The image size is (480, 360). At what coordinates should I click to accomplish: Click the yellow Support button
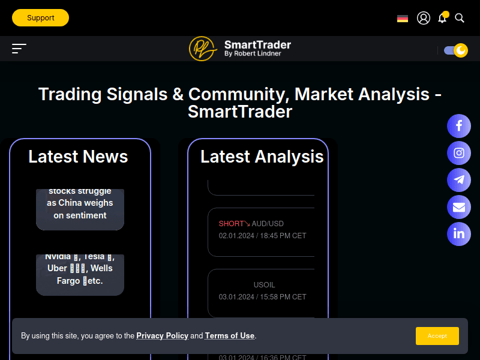click(x=40, y=18)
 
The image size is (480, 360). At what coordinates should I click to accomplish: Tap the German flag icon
click(x=403, y=19)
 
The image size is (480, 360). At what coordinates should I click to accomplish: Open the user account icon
click(x=424, y=18)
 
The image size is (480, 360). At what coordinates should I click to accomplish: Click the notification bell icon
click(x=442, y=18)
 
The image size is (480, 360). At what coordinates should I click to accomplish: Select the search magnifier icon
click(x=460, y=18)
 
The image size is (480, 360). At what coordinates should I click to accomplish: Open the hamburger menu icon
click(x=19, y=49)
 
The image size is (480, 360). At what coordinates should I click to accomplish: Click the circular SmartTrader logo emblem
click(x=203, y=49)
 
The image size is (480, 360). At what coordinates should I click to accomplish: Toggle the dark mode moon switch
click(x=456, y=50)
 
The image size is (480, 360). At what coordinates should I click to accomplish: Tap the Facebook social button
click(x=459, y=126)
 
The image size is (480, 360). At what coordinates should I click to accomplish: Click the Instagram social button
click(x=459, y=153)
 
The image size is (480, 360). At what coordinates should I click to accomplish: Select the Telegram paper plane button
click(x=459, y=180)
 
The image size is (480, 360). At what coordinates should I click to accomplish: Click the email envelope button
click(x=459, y=207)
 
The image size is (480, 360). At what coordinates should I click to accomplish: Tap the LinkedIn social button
click(x=459, y=234)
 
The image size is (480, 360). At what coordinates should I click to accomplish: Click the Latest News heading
click(x=78, y=157)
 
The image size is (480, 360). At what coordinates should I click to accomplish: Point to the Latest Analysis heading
click(x=262, y=157)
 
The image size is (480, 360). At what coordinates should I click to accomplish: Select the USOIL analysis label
click(x=264, y=285)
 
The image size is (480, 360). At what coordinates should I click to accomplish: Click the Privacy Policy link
click(x=162, y=336)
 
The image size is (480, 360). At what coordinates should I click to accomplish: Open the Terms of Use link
click(x=230, y=336)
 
